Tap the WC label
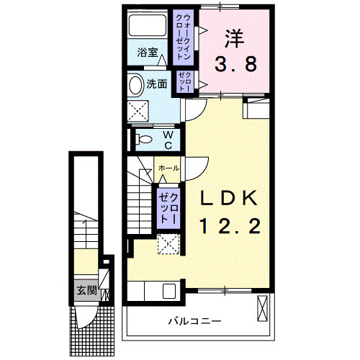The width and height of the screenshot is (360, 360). tap(166, 140)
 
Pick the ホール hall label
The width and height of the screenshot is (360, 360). tap(168, 168)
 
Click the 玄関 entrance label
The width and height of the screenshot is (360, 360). tap(86, 291)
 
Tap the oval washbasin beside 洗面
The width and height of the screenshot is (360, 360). tap(135, 85)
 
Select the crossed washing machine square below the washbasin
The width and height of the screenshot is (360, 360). tap(139, 112)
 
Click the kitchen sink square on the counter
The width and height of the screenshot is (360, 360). tap(170, 292)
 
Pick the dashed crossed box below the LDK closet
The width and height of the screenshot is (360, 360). tap(170, 245)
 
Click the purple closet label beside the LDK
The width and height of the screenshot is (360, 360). tap(168, 206)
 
